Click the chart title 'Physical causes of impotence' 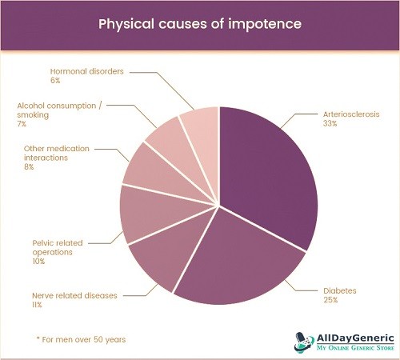click(x=200, y=24)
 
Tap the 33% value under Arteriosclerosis click(x=330, y=123)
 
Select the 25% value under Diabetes click(x=330, y=300)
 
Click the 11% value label click(x=37, y=305)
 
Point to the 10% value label click(x=38, y=262)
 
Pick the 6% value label click(x=55, y=80)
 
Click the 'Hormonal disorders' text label click(x=87, y=71)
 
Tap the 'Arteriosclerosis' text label click(x=351, y=114)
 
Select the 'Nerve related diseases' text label click(x=74, y=295)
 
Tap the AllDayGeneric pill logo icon click(x=304, y=342)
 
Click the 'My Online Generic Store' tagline click(x=355, y=348)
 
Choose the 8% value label click(x=29, y=167)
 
